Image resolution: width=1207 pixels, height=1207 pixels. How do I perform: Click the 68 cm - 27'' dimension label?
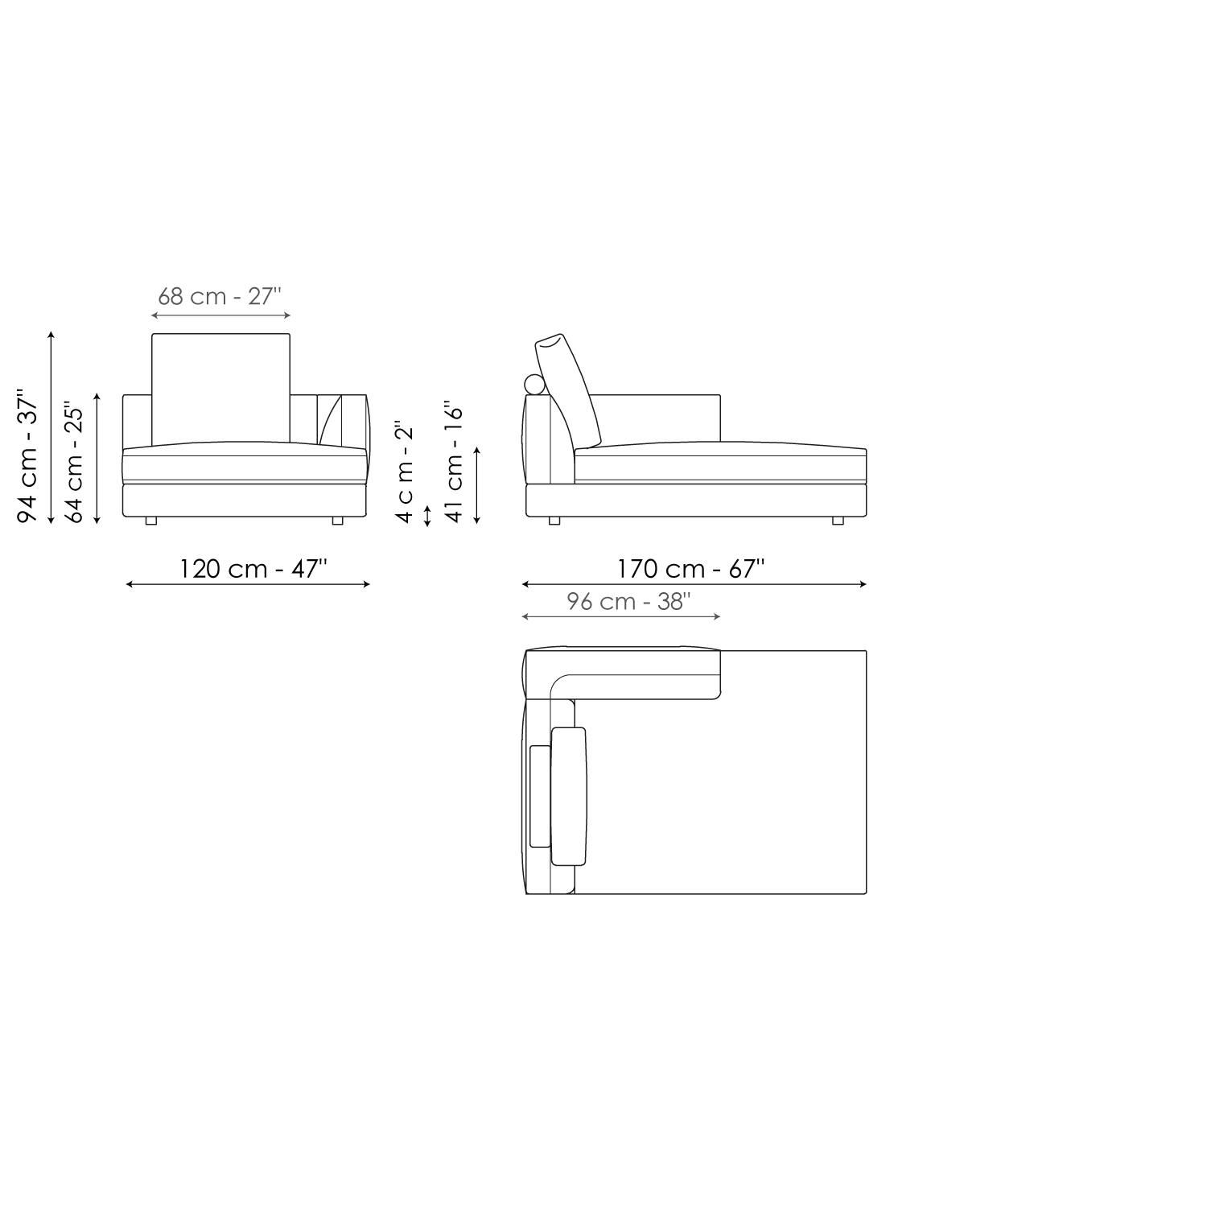coord(219,296)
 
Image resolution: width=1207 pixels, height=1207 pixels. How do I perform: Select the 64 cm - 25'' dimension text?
coord(74,462)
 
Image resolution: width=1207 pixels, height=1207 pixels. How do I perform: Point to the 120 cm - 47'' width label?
coord(253,569)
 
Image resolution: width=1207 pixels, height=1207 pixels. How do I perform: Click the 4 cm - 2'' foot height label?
coord(405,471)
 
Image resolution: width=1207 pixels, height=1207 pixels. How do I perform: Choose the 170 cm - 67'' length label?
coord(690,569)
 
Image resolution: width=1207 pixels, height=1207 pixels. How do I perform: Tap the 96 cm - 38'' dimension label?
coord(628,602)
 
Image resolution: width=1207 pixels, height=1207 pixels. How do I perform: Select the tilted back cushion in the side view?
coord(568,388)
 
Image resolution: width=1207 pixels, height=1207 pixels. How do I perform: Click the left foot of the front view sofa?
coord(150,521)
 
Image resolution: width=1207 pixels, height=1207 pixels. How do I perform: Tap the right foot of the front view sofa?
coord(337,521)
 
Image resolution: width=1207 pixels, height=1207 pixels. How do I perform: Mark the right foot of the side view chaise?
coord(838,521)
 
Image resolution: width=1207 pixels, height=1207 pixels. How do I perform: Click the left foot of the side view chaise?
coord(554,521)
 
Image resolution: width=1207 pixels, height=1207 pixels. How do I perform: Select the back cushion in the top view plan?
coord(569,796)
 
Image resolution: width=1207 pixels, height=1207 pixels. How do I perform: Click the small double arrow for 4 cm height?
coord(427,515)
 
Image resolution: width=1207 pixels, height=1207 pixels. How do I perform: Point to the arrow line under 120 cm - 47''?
coord(248,584)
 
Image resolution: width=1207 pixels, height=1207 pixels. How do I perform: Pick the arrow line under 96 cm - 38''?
coord(621,616)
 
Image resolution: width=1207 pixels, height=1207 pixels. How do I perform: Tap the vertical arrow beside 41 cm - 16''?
coord(477,485)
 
